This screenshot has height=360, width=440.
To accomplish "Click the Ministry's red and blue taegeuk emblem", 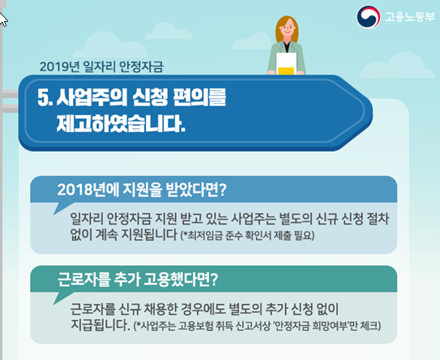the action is [369, 17].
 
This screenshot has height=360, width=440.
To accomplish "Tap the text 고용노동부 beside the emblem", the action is [410, 17].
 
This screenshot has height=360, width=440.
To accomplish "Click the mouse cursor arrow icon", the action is [3, 19].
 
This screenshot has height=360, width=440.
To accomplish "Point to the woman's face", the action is [287, 29].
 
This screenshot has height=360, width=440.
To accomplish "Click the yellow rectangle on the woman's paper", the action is [286, 71].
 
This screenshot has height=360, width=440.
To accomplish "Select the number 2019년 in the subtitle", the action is [59, 66].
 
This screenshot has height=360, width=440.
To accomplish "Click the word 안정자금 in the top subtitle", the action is [141, 66].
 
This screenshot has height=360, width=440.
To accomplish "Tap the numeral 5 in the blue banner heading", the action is [43, 98].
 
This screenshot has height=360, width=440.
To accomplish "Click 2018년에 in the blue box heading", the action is [88, 190].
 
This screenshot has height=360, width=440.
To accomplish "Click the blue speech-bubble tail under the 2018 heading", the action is [62, 208].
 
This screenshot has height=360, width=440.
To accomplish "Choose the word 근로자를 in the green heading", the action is [83, 280].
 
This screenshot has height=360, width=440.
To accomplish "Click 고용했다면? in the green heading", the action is [181, 280].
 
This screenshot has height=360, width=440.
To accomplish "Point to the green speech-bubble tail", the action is [62, 298].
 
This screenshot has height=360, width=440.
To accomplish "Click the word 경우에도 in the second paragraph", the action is [203, 310].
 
